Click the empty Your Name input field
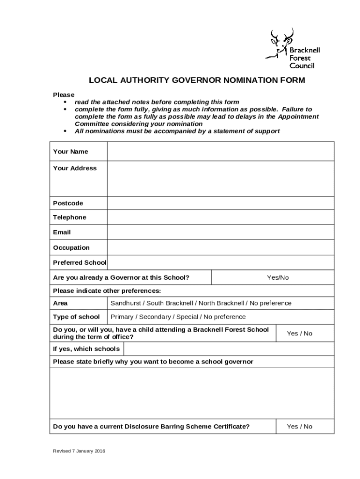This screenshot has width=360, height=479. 221,152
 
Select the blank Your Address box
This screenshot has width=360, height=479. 221,179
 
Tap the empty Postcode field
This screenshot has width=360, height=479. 221,203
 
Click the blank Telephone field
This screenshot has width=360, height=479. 221,218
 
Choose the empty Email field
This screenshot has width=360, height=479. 221,232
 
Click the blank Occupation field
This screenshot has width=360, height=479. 221,248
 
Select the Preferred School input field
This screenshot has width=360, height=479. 221,262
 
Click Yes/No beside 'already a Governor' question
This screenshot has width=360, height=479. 278,277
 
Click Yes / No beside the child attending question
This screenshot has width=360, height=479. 300,334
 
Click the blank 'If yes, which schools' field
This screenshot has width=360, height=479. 229,349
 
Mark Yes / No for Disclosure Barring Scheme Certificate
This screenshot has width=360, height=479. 300,426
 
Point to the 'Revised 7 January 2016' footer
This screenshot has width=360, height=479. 79,451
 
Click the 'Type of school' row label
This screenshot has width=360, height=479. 76,317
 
